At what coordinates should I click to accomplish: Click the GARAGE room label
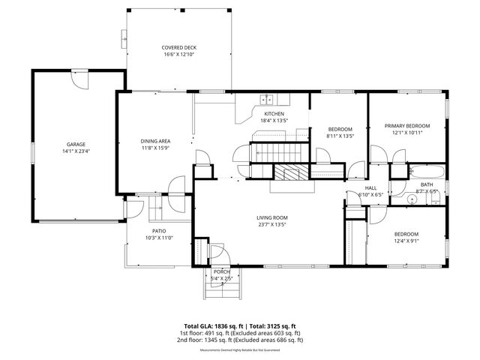click(76, 144)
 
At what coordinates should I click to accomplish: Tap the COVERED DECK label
click(178, 47)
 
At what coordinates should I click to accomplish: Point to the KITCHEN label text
click(274, 113)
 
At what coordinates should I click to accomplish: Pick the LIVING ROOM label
click(271, 217)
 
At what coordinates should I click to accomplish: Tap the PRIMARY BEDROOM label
click(407, 125)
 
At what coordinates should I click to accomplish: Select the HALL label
click(370, 187)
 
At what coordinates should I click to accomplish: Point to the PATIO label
click(159, 231)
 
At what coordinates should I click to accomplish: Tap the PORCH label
click(221, 271)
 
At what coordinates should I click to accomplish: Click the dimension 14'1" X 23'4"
click(76, 151)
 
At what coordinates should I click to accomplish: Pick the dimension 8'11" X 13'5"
click(340, 136)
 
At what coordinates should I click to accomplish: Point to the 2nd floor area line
click(240, 340)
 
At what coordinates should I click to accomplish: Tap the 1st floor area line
click(240, 333)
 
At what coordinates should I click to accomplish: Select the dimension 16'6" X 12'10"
click(178, 55)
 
